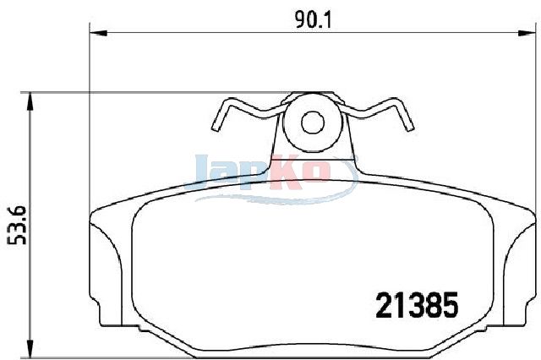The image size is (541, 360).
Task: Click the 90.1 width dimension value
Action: pyautogui.click(x=313, y=20)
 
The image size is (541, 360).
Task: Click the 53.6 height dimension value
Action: pyautogui.click(x=17, y=225)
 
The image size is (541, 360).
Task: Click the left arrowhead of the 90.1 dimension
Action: pyautogui.click(x=99, y=33)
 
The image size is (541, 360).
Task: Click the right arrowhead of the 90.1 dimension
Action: pyautogui.click(x=527, y=33)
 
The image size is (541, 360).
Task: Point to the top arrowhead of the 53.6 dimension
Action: pyautogui.click(x=30, y=101)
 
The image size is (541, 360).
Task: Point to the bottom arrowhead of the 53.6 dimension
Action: pyautogui.click(x=30, y=349)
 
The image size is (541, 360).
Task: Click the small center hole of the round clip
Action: pyautogui.click(x=313, y=123)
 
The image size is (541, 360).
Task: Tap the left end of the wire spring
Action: pyautogui.click(x=216, y=128)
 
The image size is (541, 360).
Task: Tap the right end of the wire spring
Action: pyautogui.click(x=409, y=128)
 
